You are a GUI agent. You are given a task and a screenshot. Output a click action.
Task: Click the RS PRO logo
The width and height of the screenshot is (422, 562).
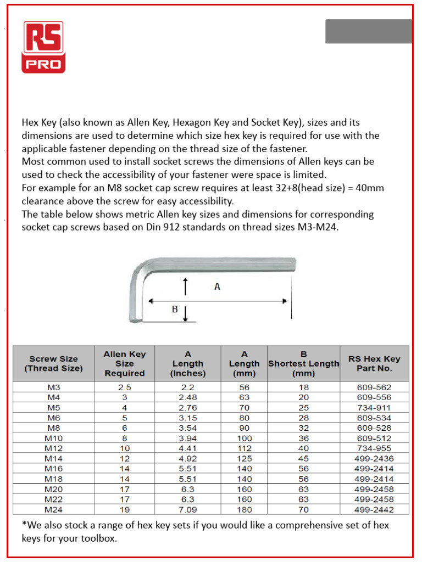43,47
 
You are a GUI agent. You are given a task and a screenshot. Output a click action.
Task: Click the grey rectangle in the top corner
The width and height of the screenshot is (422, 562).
368,31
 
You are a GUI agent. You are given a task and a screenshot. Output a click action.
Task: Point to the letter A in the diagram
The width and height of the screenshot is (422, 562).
217,286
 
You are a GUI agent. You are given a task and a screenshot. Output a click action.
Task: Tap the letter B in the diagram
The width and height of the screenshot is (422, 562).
175,309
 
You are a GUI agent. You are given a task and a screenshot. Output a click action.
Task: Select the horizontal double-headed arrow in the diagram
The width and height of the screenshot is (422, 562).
218,301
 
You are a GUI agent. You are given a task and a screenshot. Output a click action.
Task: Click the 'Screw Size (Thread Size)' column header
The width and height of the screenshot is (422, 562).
53,363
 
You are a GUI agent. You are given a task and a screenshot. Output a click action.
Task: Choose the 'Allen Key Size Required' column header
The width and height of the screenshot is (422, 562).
125,363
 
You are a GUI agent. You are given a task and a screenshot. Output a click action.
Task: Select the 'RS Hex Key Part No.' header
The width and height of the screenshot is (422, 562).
374,363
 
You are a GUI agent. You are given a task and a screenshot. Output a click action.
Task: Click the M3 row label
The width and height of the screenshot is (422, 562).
53,387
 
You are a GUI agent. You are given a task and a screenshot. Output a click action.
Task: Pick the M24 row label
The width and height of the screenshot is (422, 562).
53,509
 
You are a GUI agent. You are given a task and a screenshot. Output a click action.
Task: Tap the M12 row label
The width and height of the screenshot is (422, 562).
53,448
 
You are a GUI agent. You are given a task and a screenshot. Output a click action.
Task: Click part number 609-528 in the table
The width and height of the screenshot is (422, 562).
374,428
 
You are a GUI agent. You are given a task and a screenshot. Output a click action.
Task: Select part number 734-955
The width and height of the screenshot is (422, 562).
374,448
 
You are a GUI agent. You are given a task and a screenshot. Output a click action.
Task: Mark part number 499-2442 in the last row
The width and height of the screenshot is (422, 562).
374,509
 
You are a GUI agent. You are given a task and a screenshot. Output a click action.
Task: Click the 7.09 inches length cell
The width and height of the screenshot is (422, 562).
187,509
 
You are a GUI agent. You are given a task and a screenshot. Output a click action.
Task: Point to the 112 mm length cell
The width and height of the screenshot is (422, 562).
244,448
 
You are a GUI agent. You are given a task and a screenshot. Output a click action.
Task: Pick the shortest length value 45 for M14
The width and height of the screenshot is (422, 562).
304,458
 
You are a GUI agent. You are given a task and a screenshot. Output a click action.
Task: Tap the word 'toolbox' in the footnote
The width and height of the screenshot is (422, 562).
98,538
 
